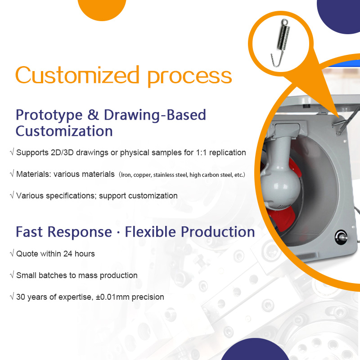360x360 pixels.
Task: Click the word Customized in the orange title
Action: [x=77, y=75]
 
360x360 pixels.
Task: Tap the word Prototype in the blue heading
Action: [x=49, y=116]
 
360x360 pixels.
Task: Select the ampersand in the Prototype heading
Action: [x=93, y=115]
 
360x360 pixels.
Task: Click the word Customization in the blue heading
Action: [x=64, y=131]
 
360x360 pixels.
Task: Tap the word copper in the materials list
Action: [x=142, y=175]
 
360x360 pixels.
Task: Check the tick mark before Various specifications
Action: [x=12, y=195]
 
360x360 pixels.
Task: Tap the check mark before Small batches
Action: [x=12, y=274]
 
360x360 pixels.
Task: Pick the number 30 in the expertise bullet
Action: [x=21, y=297]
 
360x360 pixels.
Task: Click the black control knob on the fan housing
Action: [x=341, y=238]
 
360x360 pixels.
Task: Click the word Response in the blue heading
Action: [x=80, y=232]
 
